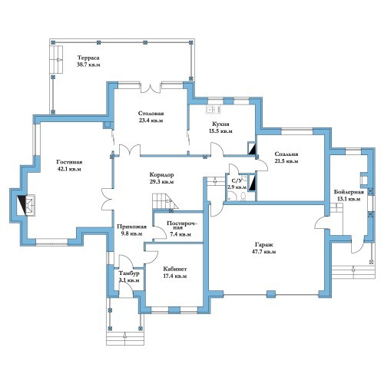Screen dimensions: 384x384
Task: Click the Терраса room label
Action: [88, 58]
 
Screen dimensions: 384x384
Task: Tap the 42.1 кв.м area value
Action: [69, 169]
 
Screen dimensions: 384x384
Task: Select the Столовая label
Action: [151, 114]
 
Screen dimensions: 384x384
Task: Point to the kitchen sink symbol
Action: [214, 109]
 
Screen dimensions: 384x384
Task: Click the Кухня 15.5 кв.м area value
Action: [220, 131]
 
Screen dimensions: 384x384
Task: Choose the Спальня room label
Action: [286, 154]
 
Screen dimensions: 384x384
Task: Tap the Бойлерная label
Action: [349, 192]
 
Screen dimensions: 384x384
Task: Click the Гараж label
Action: [264, 245]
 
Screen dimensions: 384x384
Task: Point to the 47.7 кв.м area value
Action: [264, 252]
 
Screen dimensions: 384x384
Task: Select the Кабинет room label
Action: [175, 269]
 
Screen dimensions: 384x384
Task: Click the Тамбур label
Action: [129, 273]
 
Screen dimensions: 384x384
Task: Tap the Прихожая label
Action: [131, 227]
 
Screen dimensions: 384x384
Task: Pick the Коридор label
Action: [161, 175]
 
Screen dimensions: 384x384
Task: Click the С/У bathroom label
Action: [236, 181]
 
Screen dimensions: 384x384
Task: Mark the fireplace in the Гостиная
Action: [26, 205]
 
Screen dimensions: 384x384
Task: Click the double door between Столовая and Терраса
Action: [151, 88]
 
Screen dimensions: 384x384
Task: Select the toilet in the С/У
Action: [243, 197]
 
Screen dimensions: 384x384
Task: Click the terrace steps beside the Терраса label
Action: [56, 60]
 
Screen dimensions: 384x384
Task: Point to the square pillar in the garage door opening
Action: [271, 294]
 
